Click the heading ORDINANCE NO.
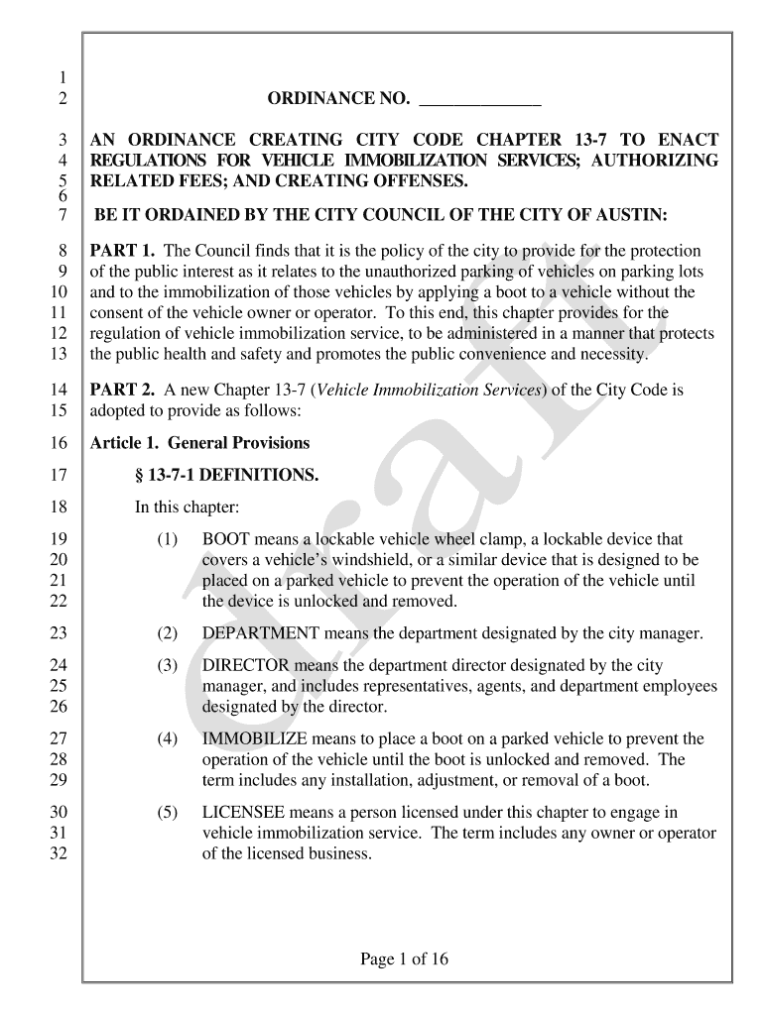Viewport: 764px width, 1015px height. (x=338, y=99)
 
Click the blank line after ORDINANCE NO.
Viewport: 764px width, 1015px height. (x=480, y=101)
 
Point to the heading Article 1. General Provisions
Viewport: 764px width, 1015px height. (x=199, y=443)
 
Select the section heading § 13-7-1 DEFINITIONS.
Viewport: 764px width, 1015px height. (x=226, y=476)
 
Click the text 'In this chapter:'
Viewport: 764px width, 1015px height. (x=187, y=507)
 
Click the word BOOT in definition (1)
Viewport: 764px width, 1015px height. (x=226, y=539)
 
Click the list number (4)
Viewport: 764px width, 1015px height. (x=167, y=738)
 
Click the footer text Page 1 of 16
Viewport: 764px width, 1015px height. (x=405, y=959)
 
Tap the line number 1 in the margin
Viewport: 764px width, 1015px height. (x=62, y=78)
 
